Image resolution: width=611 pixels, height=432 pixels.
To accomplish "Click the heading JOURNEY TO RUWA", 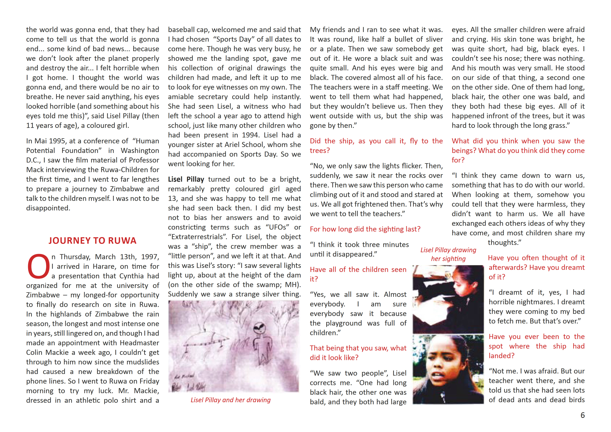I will point(92,241).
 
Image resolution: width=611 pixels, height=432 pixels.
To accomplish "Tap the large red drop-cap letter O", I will point(39,266).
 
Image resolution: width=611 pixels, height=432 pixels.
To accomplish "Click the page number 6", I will point(582,415).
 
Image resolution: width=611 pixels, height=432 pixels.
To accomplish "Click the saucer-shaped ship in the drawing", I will point(205,341).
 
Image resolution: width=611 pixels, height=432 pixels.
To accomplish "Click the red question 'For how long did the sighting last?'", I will point(365,229).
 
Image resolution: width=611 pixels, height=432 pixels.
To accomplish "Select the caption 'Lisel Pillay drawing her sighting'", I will point(448,254).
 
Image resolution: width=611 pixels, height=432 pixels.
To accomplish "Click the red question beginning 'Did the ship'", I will point(376,146).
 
